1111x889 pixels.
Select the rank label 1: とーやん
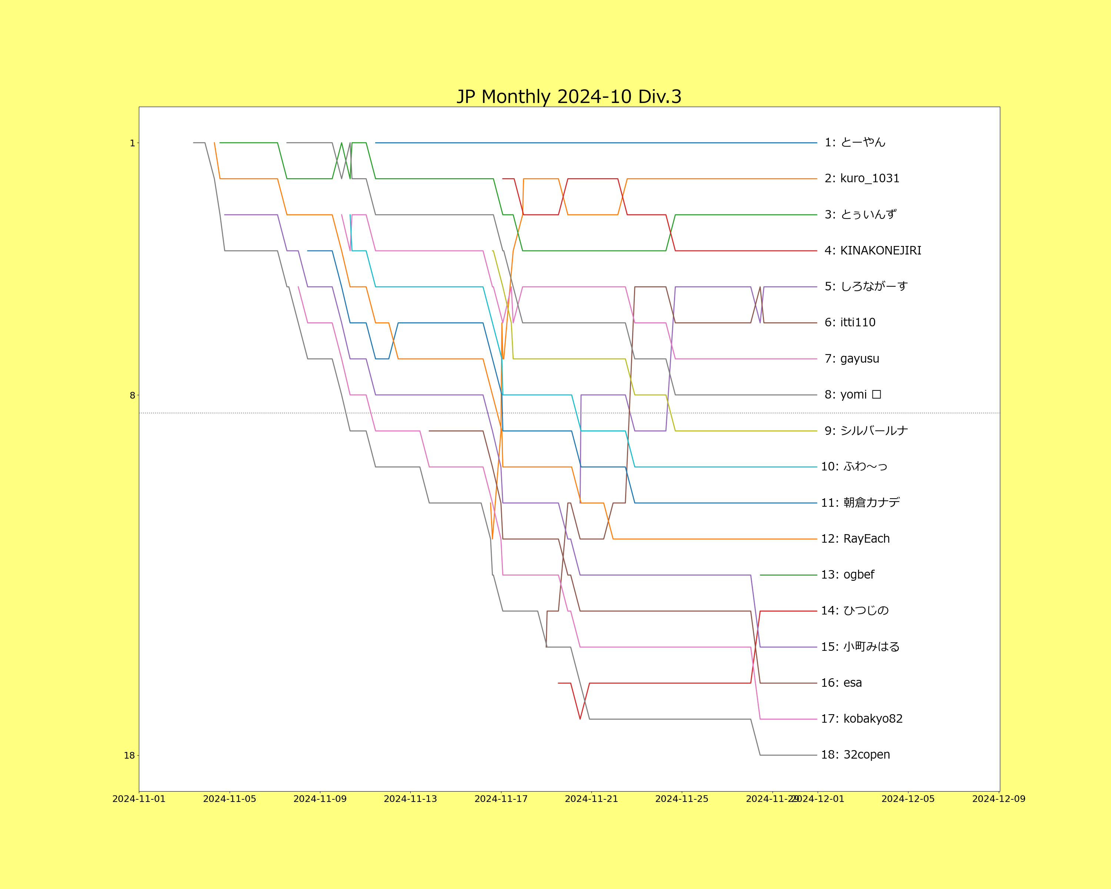[854, 142]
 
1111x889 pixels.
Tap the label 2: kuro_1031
[862, 178]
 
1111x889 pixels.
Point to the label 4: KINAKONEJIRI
[873, 250]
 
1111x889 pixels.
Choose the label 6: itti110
[850, 323]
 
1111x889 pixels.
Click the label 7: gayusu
[852, 359]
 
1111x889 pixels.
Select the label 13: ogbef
[847, 575]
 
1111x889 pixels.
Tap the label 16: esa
[841, 683]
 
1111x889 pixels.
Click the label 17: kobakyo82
[862, 719]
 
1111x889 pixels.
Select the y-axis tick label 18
[129, 756]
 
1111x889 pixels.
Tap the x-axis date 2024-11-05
[229, 799]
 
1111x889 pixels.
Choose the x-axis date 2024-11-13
[410, 799]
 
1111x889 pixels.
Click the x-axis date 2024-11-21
[591, 799]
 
